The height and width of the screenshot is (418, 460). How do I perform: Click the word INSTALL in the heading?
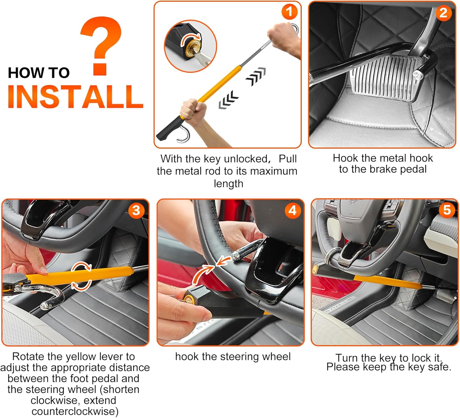(x=76, y=97)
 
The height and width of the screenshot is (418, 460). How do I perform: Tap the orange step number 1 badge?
(x=289, y=12)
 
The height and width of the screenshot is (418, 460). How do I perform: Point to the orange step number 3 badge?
(x=136, y=210)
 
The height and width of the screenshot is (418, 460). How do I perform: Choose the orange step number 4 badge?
(x=293, y=210)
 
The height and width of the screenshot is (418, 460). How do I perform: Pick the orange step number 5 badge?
(x=447, y=210)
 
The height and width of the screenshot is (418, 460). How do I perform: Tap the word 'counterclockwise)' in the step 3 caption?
(x=75, y=411)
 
